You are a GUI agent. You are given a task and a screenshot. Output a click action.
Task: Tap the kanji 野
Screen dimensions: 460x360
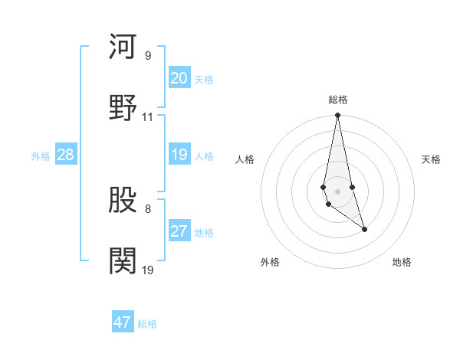[123, 106]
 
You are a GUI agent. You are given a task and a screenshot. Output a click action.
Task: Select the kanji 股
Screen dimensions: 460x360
[123, 201]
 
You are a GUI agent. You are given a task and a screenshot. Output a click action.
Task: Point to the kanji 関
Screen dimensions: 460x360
[123, 260]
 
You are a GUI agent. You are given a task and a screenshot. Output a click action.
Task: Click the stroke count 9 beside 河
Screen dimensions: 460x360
[148, 56]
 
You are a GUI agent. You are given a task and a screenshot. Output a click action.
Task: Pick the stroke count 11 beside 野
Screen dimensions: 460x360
[148, 117]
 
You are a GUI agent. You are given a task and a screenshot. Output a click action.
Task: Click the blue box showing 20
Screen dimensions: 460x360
[179, 78]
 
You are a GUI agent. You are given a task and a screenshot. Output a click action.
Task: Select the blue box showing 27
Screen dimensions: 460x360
[179, 231]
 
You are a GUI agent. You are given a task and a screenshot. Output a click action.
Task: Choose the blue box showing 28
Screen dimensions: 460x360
[65, 155]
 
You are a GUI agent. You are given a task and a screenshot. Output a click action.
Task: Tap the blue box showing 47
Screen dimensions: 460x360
[123, 322]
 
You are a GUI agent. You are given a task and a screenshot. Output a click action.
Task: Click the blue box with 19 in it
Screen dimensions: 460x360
[179, 155]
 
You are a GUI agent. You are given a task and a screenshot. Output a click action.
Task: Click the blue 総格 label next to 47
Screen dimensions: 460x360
[147, 324]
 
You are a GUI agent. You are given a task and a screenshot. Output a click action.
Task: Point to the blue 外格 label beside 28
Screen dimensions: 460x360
[41, 156]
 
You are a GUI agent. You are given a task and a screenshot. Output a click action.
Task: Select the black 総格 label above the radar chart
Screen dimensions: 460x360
[338, 100]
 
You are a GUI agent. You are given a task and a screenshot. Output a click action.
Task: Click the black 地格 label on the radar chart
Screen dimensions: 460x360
[402, 263]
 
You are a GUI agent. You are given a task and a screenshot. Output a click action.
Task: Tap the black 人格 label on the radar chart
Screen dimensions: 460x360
[245, 159]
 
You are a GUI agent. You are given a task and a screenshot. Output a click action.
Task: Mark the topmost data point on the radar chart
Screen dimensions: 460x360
[337, 116]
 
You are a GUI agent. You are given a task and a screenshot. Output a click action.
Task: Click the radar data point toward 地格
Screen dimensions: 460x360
[364, 229]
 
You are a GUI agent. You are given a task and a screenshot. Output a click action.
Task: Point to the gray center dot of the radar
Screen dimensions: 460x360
[337, 191]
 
